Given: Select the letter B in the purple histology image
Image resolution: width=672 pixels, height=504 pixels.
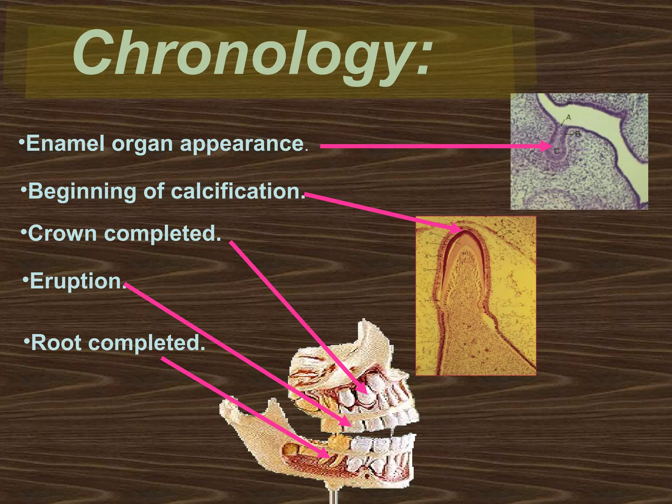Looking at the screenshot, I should [577, 134].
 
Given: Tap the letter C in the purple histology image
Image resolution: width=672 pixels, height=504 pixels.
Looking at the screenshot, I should [556, 151].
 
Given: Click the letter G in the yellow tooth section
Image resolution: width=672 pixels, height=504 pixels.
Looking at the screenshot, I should [431, 233].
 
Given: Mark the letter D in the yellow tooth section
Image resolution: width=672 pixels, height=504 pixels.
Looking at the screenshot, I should [425, 270].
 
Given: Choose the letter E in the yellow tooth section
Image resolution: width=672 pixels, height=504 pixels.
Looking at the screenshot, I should [427, 256].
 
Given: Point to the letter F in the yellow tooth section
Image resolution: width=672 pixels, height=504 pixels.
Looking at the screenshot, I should [428, 243].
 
